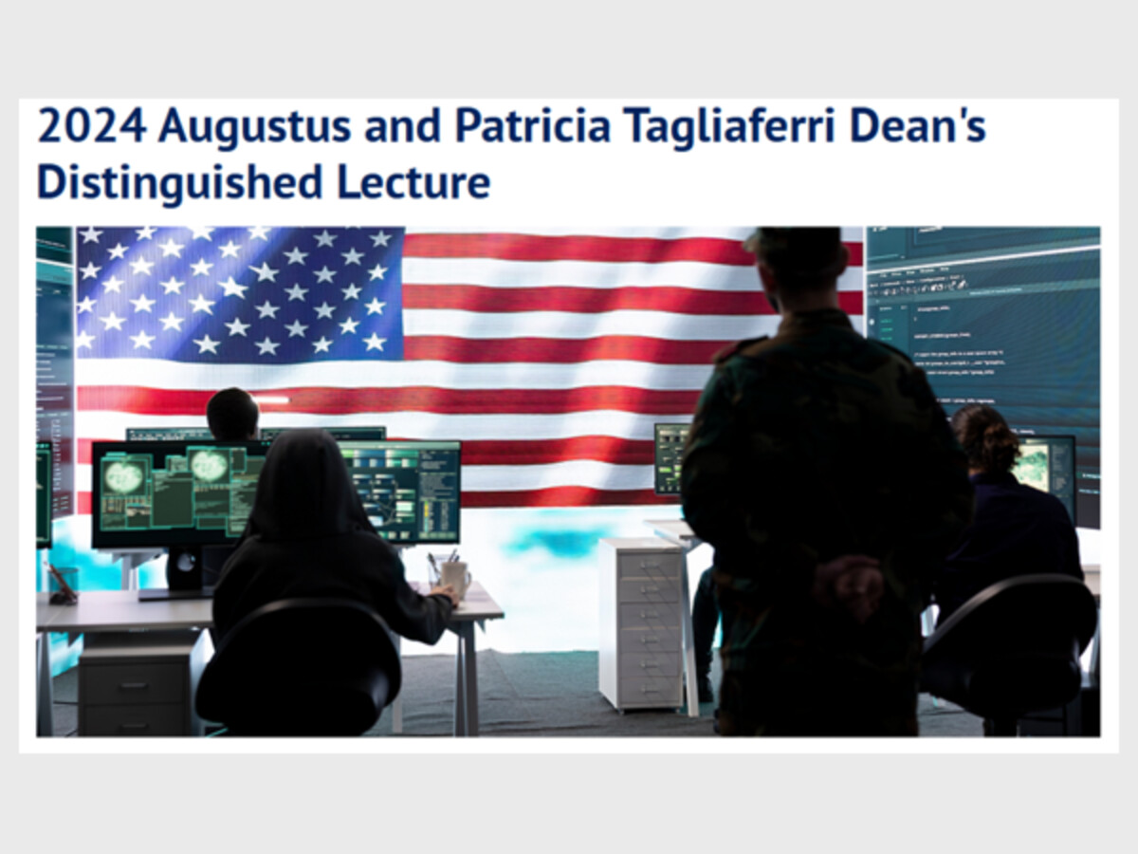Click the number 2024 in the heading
[x=92, y=125]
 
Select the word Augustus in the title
[x=254, y=128]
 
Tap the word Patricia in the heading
[x=532, y=125]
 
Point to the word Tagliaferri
[x=729, y=128]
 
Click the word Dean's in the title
[x=918, y=125]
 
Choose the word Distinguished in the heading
[x=179, y=182]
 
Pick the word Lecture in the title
[x=413, y=182]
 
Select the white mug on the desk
[x=456, y=578]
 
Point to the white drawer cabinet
[x=642, y=623]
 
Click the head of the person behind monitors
[x=232, y=415]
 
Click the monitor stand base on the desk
[x=175, y=594]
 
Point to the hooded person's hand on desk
[x=445, y=593]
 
